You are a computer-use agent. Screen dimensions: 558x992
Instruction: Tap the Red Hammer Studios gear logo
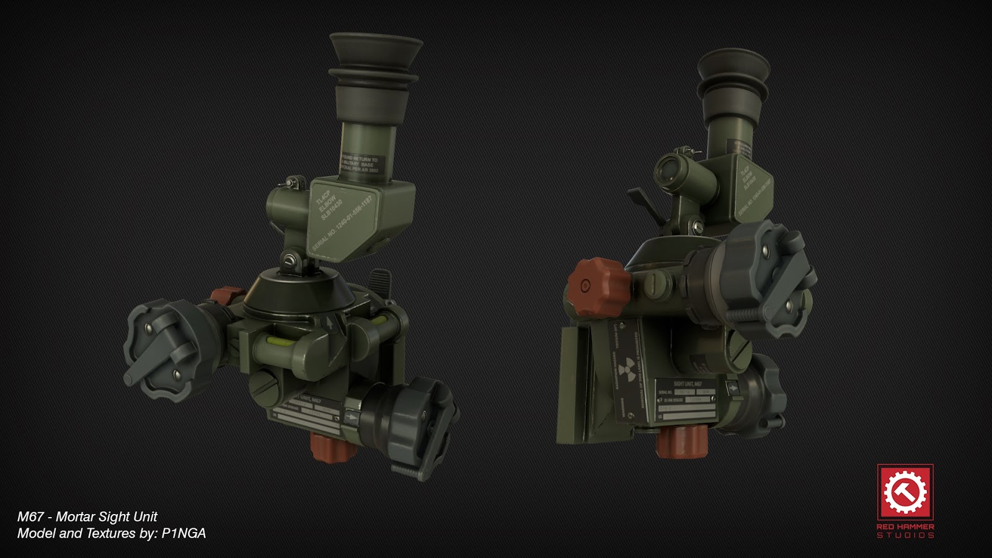[x=905, y=492]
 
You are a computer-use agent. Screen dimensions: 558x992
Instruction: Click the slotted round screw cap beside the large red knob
[x=651, y=284]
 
